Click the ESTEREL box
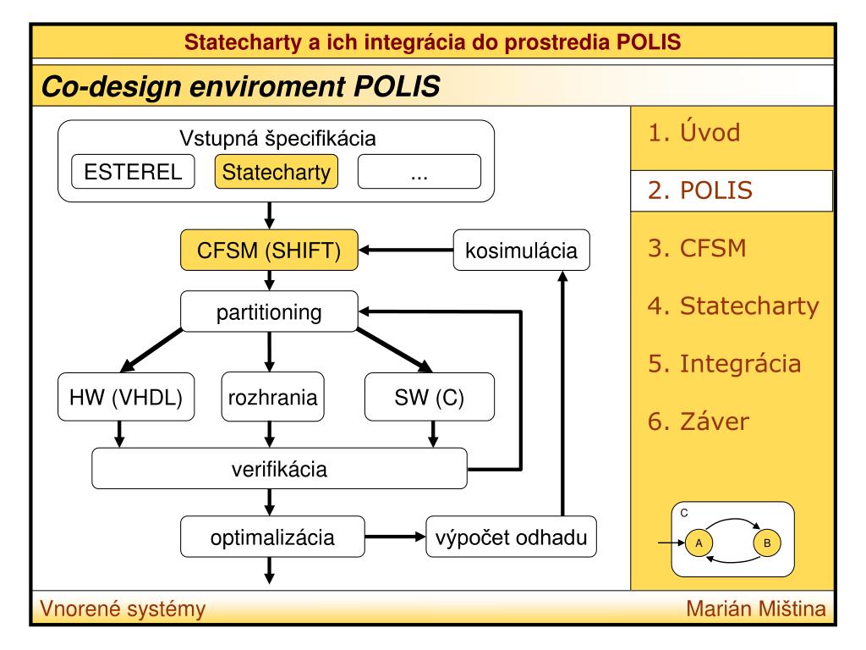(133, 171)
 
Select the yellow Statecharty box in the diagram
(277, 171)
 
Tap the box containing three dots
(419, 171)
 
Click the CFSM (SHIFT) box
(269, 250)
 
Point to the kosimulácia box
(521, 250)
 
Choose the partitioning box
(269, 311)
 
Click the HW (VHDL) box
(126, 397)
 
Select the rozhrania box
(272, 397)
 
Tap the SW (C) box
(429, 397)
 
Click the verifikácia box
(279, 468)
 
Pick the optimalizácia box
(272, 537)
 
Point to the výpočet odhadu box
(511, 537)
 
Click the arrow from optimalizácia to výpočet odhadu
(395, 537)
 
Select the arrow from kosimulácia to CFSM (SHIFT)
(406, 250)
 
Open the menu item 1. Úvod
(694, 133)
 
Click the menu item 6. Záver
(698, 421)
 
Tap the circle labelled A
(699, 543)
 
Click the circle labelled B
(767, 543)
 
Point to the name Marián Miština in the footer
(755, 609)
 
